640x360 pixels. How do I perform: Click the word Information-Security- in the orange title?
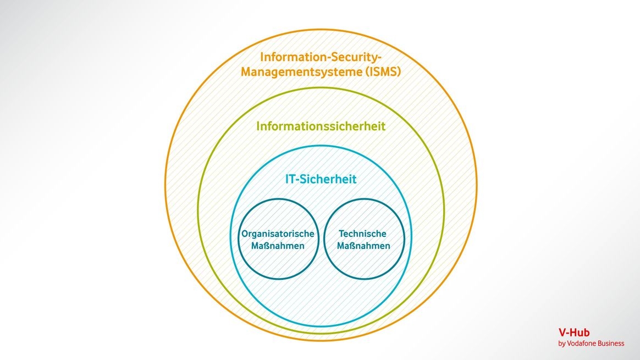point(321,57)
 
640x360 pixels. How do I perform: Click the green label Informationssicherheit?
point(321,126)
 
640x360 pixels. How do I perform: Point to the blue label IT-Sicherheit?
point(321,179)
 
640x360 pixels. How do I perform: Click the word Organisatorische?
point(278,234)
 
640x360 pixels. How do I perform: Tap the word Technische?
point(363,234)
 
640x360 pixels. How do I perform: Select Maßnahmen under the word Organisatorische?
point(278,246)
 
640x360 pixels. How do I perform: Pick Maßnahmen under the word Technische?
point(363,246)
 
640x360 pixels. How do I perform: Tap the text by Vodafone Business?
point(591,344)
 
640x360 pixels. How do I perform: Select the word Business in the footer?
point(611,344)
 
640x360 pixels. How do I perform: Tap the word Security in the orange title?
point(343,57)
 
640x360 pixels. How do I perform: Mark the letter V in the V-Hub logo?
point(562,333)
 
